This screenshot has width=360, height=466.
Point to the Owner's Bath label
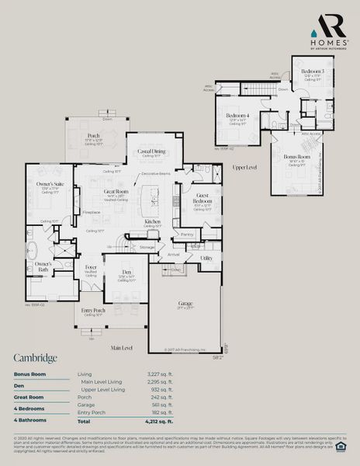(x=43, y=264)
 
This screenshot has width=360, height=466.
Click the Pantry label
(x=186, y=233)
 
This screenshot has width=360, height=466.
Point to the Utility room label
(x=206, y=258)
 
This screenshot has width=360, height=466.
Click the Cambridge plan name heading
(x=35, y=358)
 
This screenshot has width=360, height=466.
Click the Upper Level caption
(x=245, y=167)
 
